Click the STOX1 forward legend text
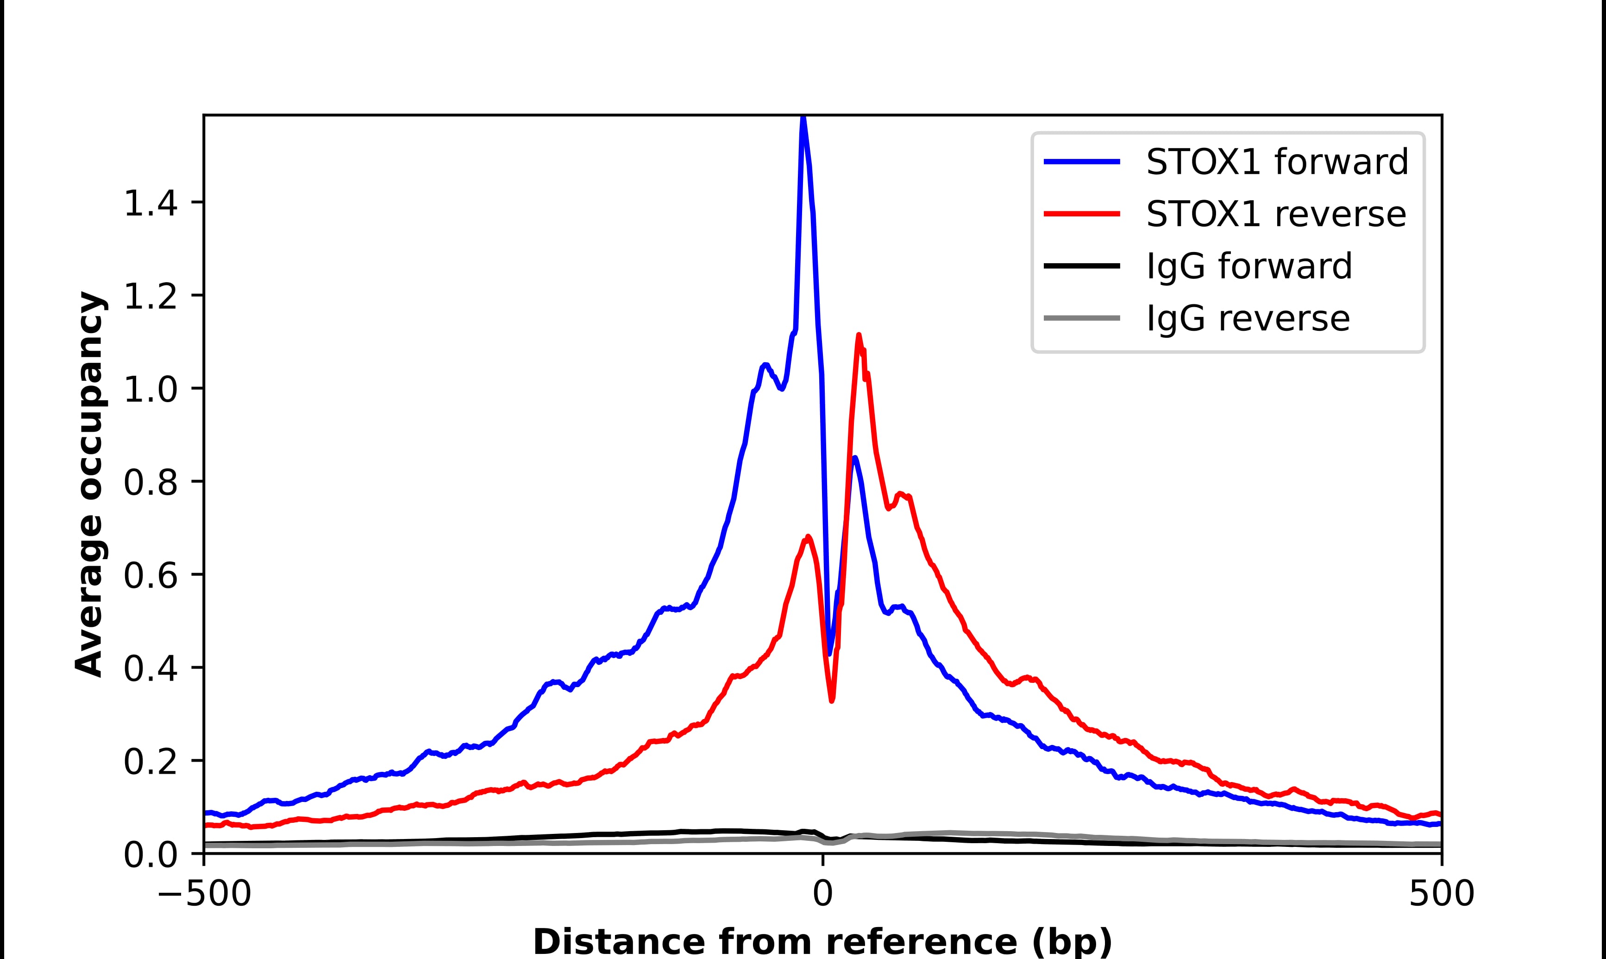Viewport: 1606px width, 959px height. [1277, 162]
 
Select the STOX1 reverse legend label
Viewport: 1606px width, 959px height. [1275, 215]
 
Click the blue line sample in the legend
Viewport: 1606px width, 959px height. [1082, 162]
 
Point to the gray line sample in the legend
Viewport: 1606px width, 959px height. [1082, 318]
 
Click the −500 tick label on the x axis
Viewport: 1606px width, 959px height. [205, 895]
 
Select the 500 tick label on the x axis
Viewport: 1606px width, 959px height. [1441, 895]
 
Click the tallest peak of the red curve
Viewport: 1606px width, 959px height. [858, 335]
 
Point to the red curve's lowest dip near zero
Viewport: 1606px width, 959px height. [832, 700]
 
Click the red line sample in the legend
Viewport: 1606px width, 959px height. [1082, 214]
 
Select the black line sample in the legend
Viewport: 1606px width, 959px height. [1082, 265]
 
